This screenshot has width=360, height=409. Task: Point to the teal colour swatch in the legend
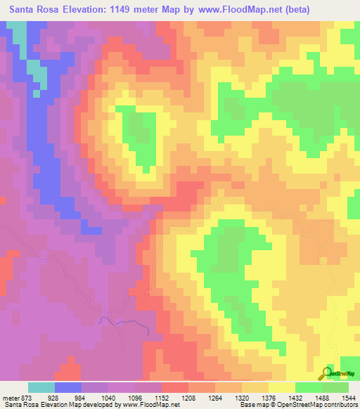point(41,387)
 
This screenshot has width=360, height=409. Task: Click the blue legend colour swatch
point(68,387)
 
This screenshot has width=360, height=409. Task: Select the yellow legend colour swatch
point(281,387)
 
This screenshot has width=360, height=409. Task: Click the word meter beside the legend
point(11,397)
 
